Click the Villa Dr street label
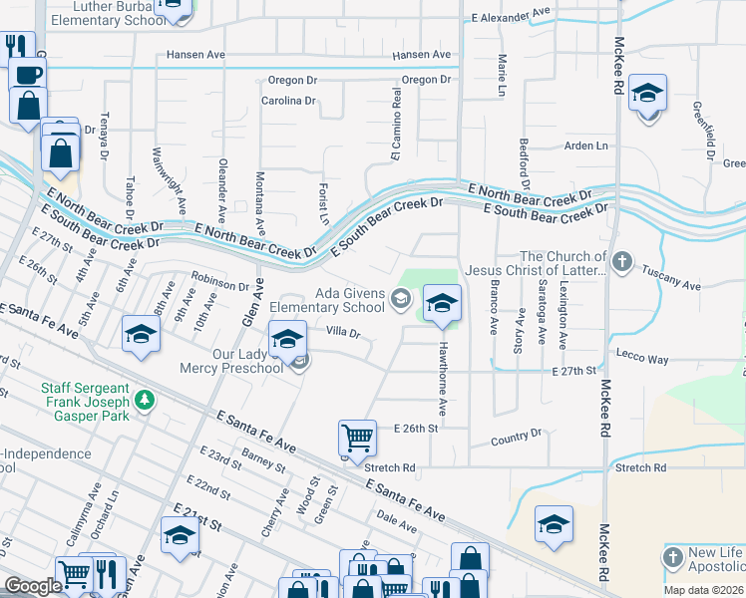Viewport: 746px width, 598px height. (x=342, y=333)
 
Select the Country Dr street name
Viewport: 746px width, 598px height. (x=516, y=437)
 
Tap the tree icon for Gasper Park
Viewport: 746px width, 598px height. (x=146, y=399)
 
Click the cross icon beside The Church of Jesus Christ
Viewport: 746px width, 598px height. (x=621, y=262)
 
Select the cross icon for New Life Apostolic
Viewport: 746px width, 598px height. (x=673, y=555)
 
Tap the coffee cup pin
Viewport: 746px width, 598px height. (x=27, y=74)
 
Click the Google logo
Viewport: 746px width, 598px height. (x=33, y=586)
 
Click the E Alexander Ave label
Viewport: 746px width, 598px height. (x=512, y=15)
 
